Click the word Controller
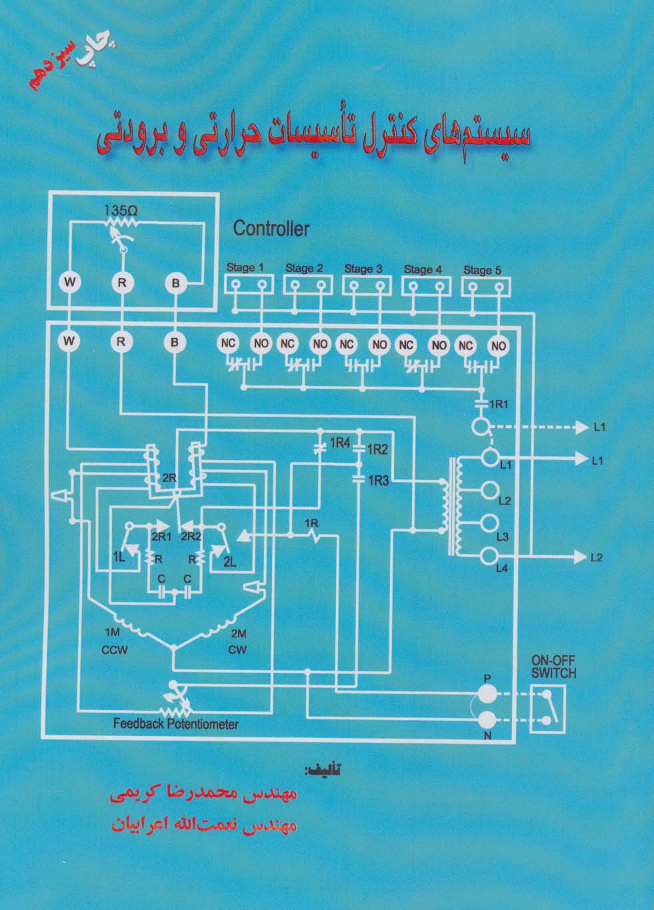coord(271,229)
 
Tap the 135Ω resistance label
coord(121,211)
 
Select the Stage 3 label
coord(363,269)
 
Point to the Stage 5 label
coord(481,270)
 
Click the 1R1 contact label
coord(500,404)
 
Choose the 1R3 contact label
coord(378,479)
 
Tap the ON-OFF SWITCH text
coord(553,667)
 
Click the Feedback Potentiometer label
coord(175,723)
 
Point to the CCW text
coord(115,649)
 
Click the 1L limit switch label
coord(119,556)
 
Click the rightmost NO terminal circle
coord(498,345)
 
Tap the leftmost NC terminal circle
coord(228,344)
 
